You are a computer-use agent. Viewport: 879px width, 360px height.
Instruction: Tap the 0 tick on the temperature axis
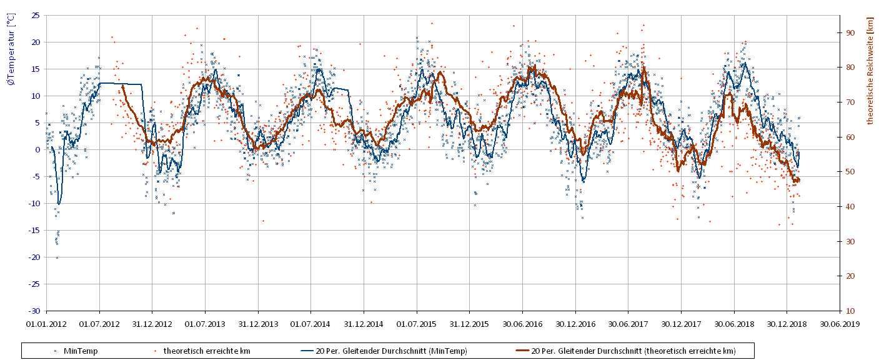point(37,149)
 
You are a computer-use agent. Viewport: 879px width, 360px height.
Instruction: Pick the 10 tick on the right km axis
point(850,311)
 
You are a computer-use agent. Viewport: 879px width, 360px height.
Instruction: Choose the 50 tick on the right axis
point(850,172)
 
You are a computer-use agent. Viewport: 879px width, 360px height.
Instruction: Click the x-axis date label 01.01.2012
point(46,324)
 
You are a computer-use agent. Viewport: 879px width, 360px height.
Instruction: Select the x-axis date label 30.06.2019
point(840,324)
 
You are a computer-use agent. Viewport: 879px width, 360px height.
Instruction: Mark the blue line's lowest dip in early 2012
point(59,204)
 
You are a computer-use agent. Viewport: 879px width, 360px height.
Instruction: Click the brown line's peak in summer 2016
point(534,66)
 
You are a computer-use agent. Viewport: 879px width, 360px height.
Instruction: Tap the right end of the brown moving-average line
point(799,180)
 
